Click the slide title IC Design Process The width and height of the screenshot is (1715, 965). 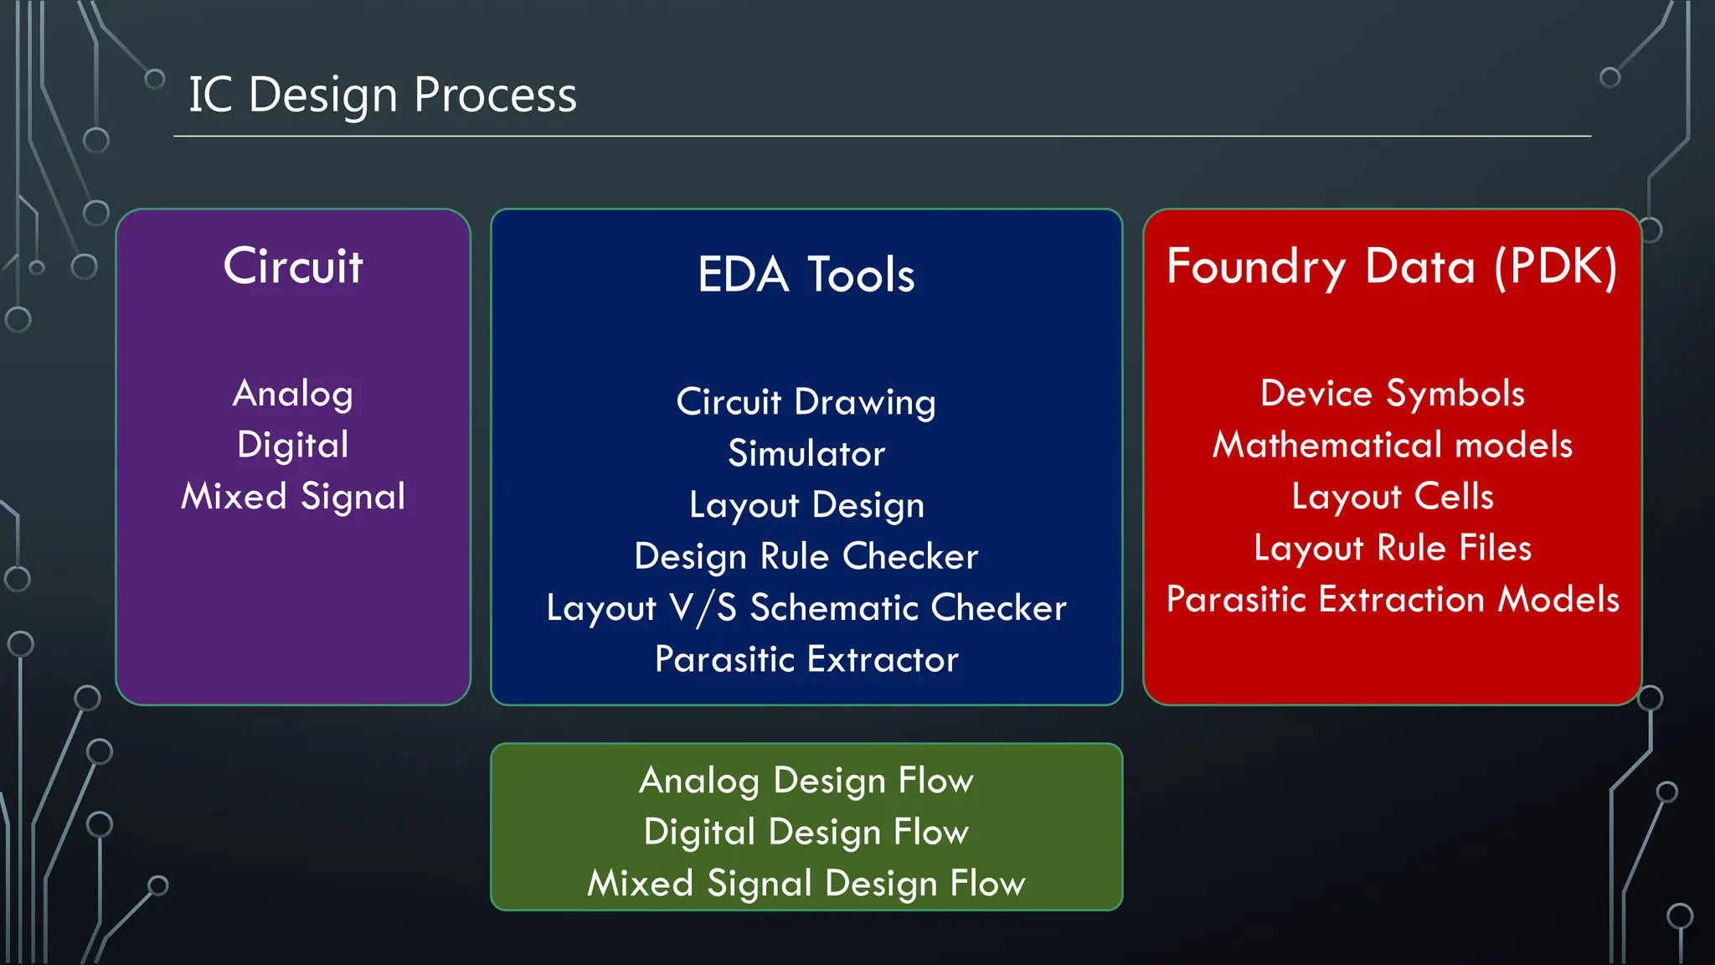(x=382, y=95)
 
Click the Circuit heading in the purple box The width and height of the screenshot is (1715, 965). (x=293, y=266)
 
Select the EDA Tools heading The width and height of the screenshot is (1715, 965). (x=806, y=275)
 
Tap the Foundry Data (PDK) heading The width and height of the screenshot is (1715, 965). (x=1392, y=266)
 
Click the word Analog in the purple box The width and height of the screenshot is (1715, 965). (x=293, y=394)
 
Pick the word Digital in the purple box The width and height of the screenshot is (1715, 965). (x=293, y=445)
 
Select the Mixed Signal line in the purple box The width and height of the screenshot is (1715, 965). (x=293, y=496)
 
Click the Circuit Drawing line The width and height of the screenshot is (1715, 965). (x=806, y=402)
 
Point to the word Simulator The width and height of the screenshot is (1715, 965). (x=806, y=453)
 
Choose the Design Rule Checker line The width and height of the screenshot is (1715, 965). (x=806, y=556)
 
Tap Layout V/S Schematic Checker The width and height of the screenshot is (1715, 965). (x=806, y=608)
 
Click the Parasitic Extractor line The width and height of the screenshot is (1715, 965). (x=806, y=659)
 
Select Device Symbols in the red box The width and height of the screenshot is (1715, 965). (x=1392, y=394)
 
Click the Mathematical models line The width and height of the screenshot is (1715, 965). (x=1392, y=445)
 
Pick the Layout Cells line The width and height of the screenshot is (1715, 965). (x=1392, y=496)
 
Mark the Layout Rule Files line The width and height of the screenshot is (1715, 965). (x=1392, y=548)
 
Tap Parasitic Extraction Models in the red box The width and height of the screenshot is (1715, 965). (x=1392, y=600)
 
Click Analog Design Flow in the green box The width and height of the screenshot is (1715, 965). (x=806, y=781)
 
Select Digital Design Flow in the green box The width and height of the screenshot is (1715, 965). (x=806, y=832)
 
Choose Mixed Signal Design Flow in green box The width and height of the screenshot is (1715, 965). (x=806, y=884)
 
